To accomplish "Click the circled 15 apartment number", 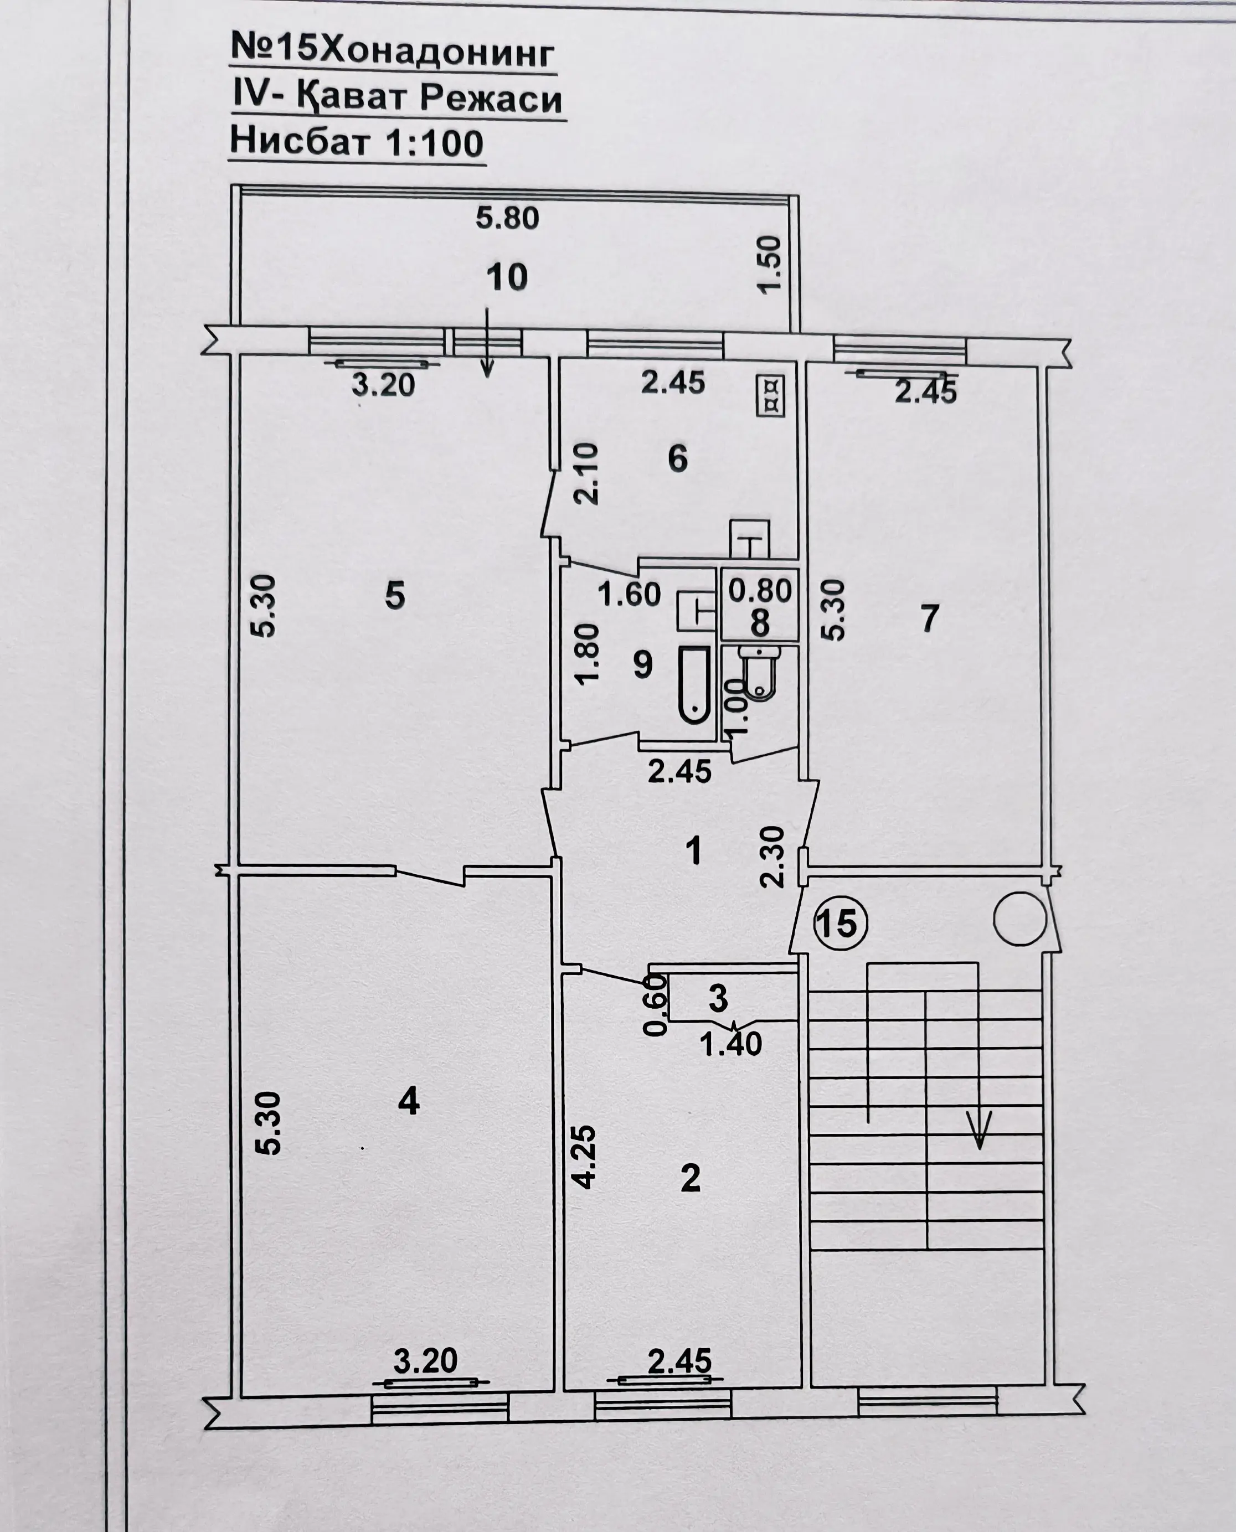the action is pyautogui.click(x=840, y=924).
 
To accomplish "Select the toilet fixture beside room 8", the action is pyautogui.click(x=760, y=673).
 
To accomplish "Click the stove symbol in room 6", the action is pyautogui.click(x=770, y=396).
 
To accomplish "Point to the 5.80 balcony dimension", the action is pyautogui.click(x=507, y=218).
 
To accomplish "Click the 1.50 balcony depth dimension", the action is pyautogui.click(x=770, y=264).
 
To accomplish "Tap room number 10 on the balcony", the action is pyautogui.click(x=507, y=277).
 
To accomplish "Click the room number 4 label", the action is pyautogui.click(x=409, y=1101).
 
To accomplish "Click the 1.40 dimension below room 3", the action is pyautogui.click(x=730, y=1044).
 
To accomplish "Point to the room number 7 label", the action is pyautogui.click(x=929, y=618).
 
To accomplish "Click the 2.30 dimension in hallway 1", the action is pyautogui.click(x=772, y=857).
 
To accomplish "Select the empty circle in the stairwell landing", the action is pyautogui.click(x=1019, y=919).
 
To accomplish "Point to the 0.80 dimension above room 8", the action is pyautogui.click(x=760, y=590).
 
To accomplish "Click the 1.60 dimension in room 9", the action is pyautogui.click(x=629, y=594).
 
